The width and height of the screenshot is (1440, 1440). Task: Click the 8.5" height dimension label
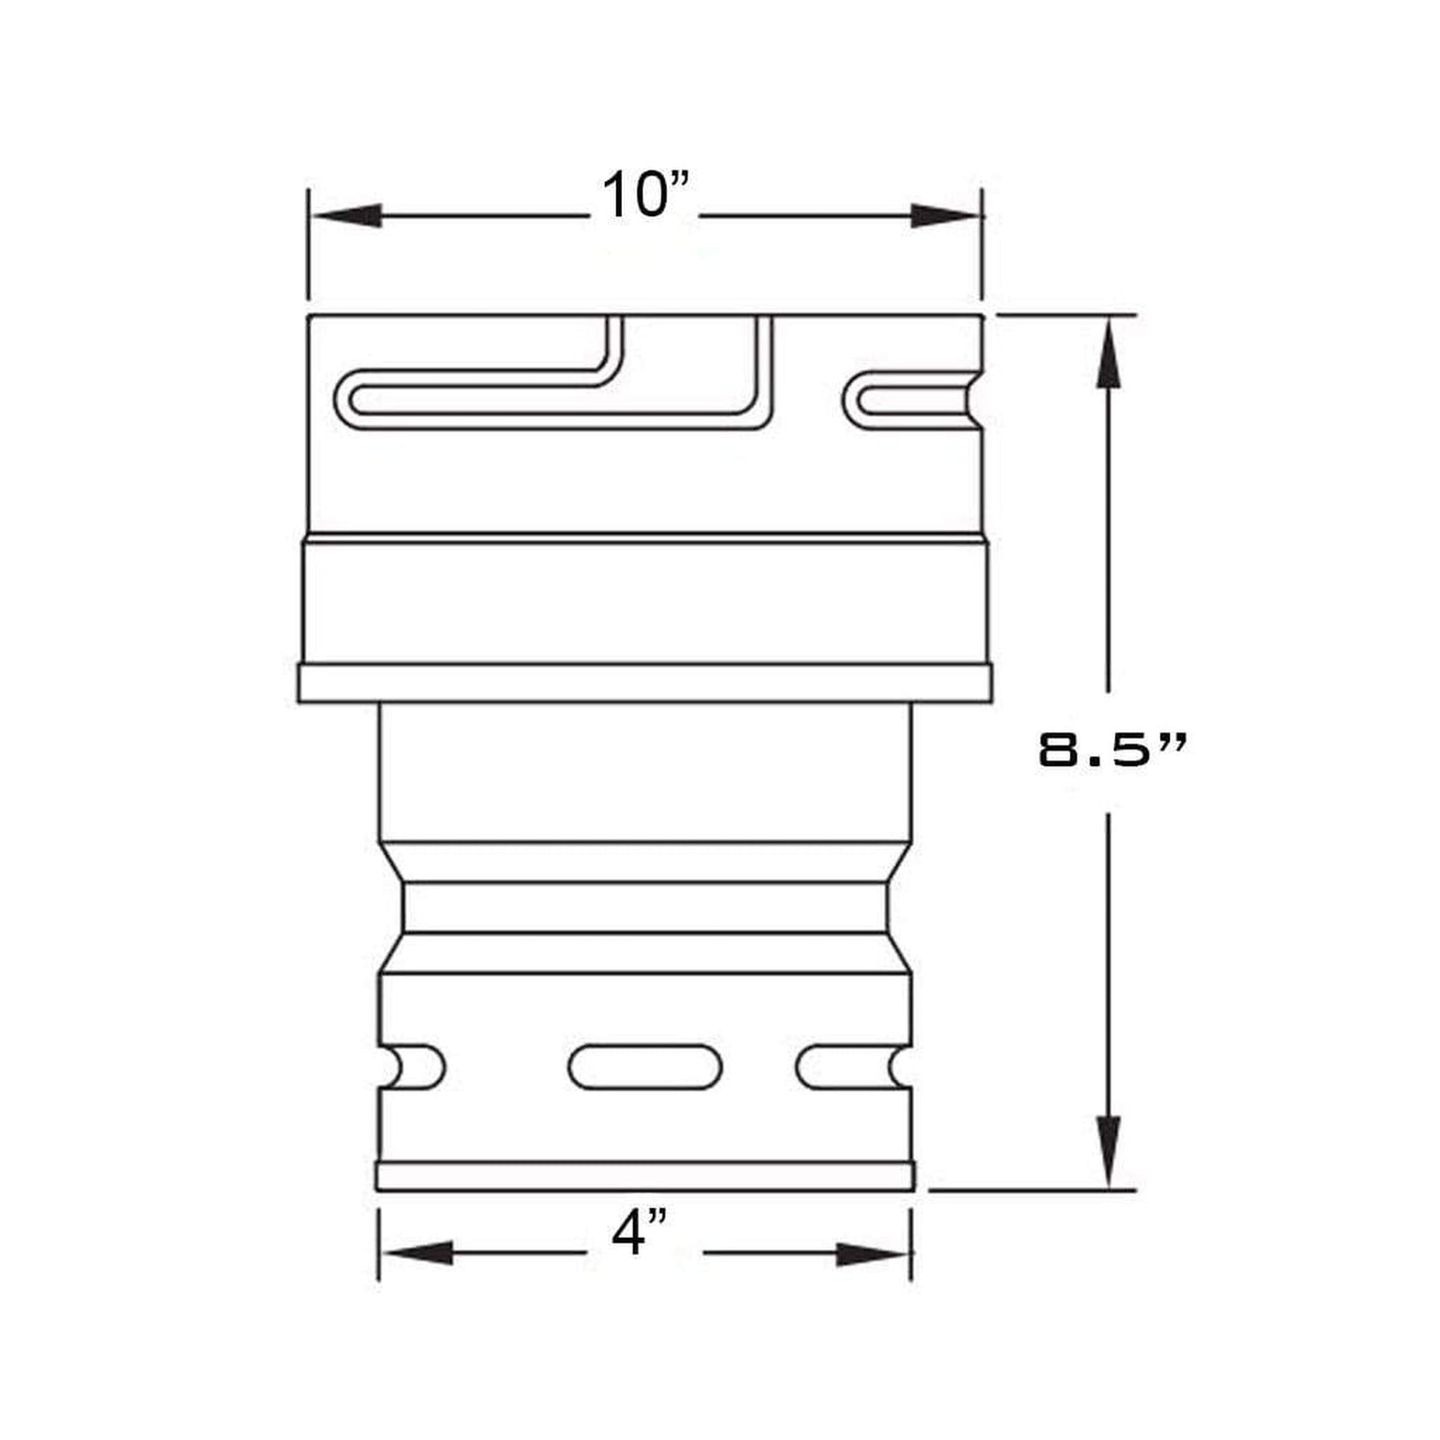point(1112,750)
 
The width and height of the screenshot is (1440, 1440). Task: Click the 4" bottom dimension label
point(639,1233)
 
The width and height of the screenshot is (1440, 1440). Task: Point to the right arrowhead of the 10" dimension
point(946,215)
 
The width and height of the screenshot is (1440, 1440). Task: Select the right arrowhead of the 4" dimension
point(873,1254)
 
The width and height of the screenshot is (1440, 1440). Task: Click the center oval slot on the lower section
point(645,1066)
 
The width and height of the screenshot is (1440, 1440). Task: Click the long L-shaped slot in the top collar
point(558,399)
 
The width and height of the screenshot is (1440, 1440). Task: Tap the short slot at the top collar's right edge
point(912,401)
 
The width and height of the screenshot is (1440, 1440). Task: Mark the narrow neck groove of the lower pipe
point(645,907)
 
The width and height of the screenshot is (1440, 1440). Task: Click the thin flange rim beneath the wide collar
point(645,684)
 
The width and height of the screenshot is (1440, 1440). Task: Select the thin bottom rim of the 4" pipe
point(645,1176)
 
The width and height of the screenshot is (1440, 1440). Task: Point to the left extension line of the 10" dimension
point(309,244)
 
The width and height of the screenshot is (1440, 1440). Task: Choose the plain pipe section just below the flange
point(645,772)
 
